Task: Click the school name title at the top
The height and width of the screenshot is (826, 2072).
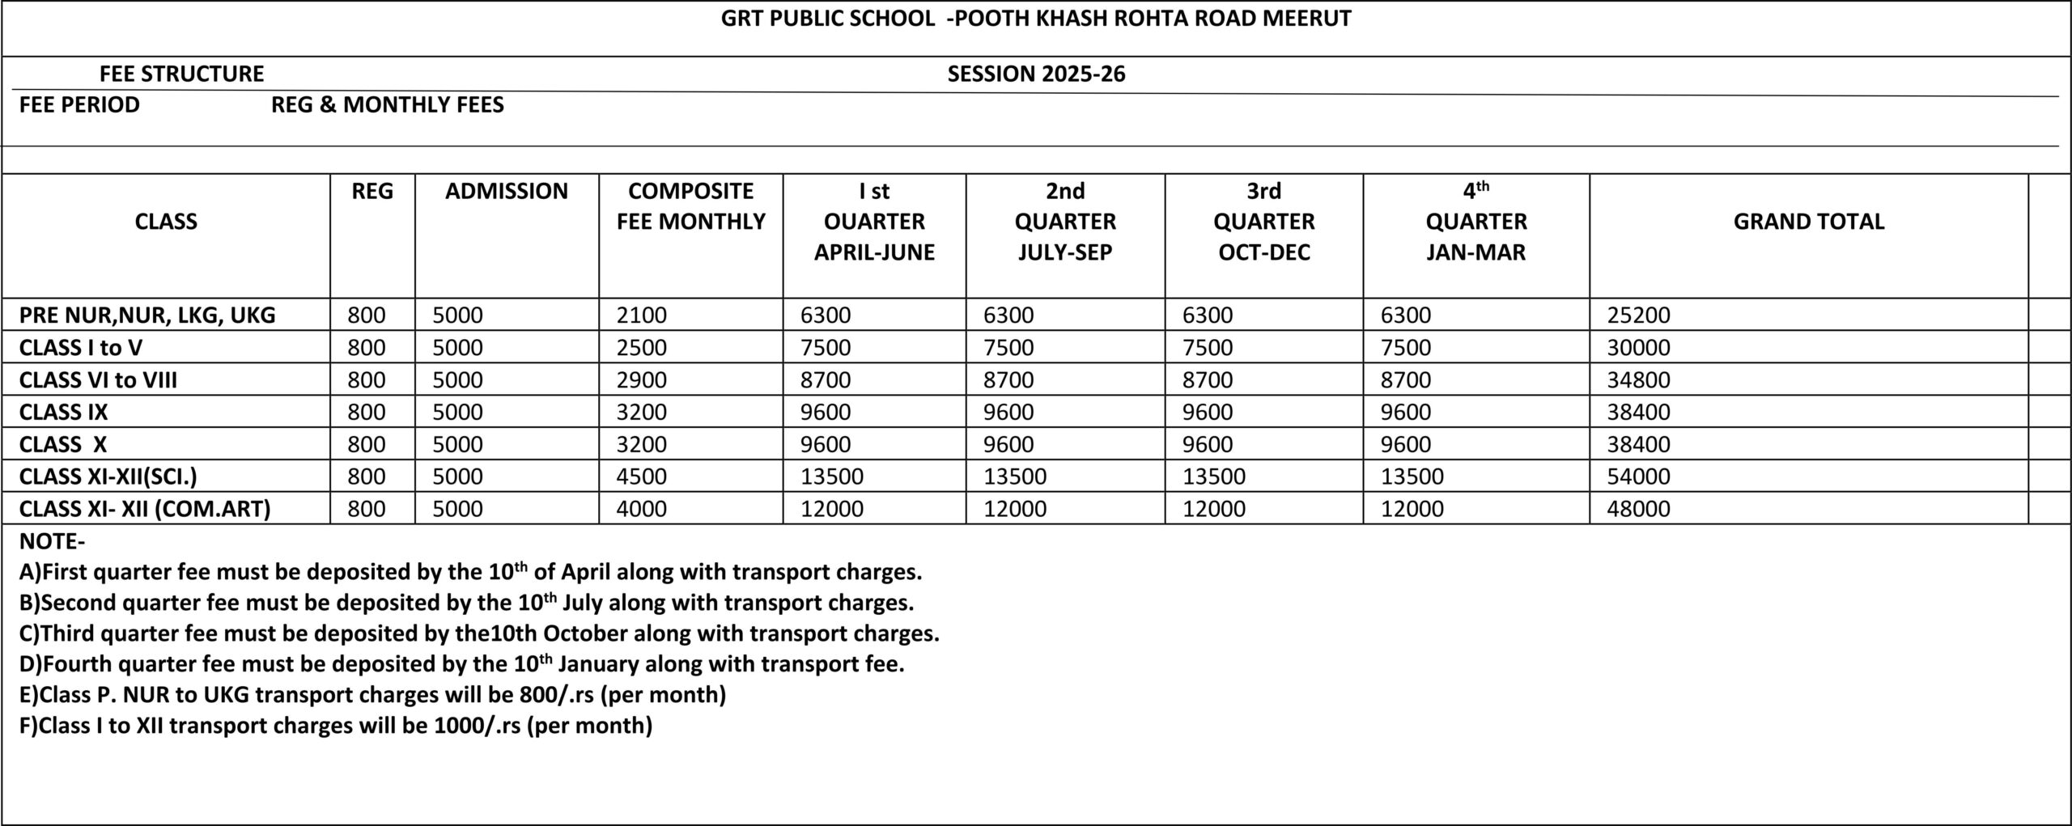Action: click(1036, 19)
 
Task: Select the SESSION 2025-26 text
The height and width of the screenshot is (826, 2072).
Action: click(1036, 74)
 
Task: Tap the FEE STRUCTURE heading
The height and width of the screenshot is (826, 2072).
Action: click(181, 74)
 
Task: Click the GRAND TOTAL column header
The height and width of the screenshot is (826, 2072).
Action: click(1808, 221)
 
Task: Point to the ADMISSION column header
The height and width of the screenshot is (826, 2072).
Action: click(506, 191)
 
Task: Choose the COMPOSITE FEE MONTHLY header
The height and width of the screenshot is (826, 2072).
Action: click(690, 205)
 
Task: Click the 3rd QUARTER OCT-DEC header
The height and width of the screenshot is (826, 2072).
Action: click(1263, 221)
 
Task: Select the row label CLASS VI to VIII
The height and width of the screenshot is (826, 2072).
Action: click(98, 379)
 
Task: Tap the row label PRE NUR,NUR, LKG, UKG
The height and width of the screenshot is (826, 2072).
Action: click(147, 315)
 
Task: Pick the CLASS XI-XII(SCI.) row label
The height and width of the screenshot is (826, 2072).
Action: click(108, 477)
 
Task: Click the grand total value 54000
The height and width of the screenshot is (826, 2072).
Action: click(1638, 477)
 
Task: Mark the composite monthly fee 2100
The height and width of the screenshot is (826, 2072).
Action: click(641, 315)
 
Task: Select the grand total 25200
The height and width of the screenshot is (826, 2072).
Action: click(1638, 315)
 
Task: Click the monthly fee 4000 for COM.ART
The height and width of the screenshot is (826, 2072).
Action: click(641, 509)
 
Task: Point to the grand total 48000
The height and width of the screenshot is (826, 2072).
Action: click(1638, 509)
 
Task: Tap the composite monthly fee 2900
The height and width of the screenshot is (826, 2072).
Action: click(641, 379)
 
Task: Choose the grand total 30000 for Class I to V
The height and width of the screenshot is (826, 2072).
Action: click(1638, 347)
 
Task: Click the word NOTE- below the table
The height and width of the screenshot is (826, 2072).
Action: click(52, 541)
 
